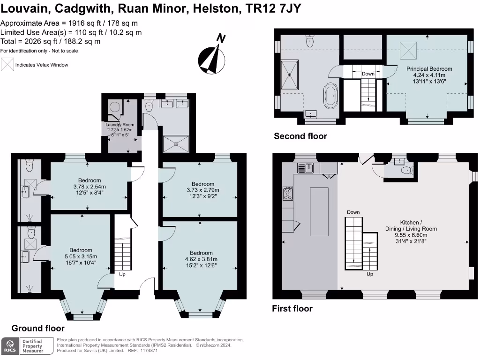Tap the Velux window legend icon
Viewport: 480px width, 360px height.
7,65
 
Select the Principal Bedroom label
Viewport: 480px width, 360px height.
429,69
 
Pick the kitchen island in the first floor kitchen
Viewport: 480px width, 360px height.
320,211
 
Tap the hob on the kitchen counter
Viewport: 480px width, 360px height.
288,194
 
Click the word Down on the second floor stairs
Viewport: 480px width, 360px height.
368,74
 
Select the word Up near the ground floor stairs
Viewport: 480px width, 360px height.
122,274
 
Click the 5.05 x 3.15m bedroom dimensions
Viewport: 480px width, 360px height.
81,256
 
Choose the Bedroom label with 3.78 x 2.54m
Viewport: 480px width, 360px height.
89,180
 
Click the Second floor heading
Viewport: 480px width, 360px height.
300,136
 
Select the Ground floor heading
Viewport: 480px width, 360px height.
38,328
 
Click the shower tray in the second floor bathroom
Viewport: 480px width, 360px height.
289,75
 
